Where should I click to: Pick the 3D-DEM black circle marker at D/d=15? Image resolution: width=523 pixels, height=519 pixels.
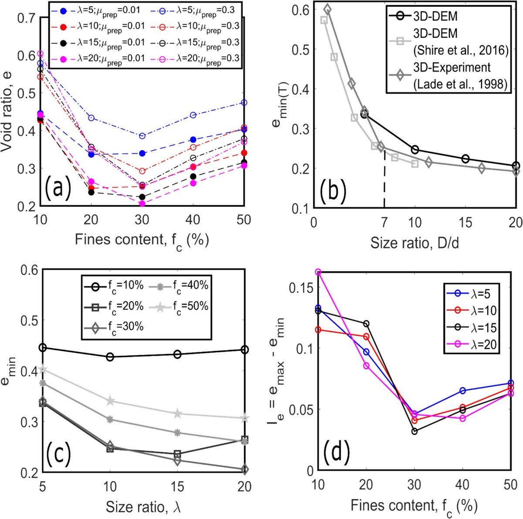point(465,158)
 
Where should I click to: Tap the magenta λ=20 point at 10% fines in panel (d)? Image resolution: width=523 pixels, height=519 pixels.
point(318,272)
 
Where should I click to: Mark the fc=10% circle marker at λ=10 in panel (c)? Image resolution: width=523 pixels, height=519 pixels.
point(110,357)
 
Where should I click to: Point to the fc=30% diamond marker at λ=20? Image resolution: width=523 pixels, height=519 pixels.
point(245,469)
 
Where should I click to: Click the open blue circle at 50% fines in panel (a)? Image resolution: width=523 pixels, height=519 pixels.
point(244,103)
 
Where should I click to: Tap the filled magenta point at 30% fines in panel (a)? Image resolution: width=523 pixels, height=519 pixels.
point(142,203)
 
